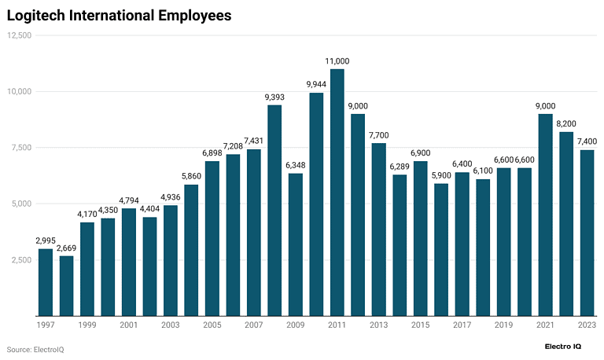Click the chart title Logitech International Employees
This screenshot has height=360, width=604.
(x=119, y=15)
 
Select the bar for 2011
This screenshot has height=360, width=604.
(x=337, y=193)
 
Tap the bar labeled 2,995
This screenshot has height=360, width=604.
(x=46, y=282)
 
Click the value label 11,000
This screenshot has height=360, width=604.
(x=337, y=61)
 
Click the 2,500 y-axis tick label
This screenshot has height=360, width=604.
(x=20, y=260)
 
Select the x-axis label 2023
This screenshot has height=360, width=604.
(x=587, y=325)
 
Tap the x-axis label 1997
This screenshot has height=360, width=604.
(x=46, y=325)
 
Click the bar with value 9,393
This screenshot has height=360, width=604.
(x=274, y=211)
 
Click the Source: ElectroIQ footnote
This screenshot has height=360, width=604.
(x=35, y=348)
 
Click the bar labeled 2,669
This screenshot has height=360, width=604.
(x=66, y=286)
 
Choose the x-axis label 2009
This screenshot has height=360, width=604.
(x=295, y=325)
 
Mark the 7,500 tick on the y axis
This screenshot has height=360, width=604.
(x=20, y=148)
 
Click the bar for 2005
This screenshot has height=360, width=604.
(x=212, y=239)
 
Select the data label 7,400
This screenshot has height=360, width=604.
(x=587, y=141)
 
